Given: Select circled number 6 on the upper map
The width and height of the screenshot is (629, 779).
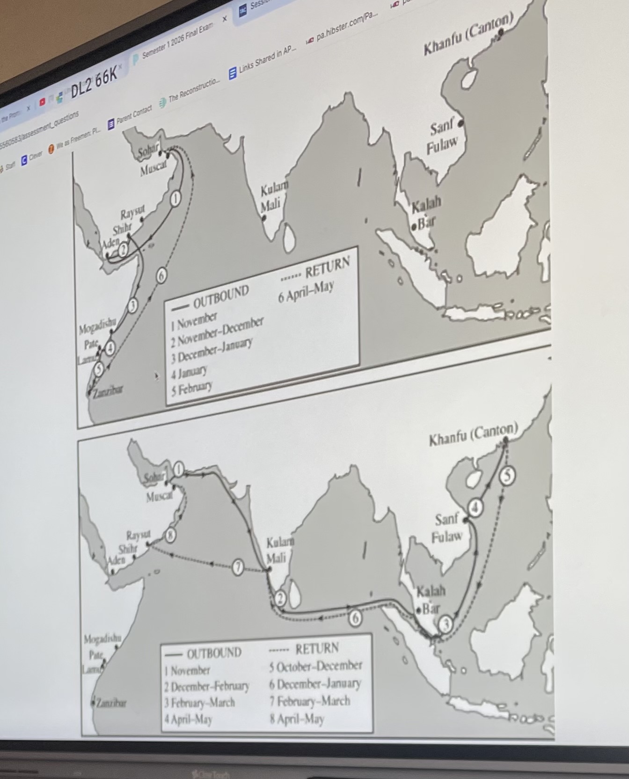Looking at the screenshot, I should [x=161, y=276].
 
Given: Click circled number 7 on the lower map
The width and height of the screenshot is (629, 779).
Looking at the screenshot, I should [x=238, y=567].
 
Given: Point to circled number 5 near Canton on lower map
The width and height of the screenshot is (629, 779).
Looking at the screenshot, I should [x=507, y=476].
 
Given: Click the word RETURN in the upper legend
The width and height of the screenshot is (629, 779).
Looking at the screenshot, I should [x=327, y=267].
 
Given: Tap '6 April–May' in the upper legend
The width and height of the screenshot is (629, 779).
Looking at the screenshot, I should [x=306, y=292].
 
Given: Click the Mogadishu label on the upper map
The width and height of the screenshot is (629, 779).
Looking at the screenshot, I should [x=97, y=325].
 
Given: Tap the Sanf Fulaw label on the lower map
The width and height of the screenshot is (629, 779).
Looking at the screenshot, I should [x=446, y=527].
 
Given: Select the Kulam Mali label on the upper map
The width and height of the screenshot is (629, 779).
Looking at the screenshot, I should [x=273, y=197].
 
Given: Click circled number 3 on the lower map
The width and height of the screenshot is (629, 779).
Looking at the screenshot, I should [x=446, y=624].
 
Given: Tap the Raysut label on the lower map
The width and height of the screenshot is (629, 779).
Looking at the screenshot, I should [x=138, y=535].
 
